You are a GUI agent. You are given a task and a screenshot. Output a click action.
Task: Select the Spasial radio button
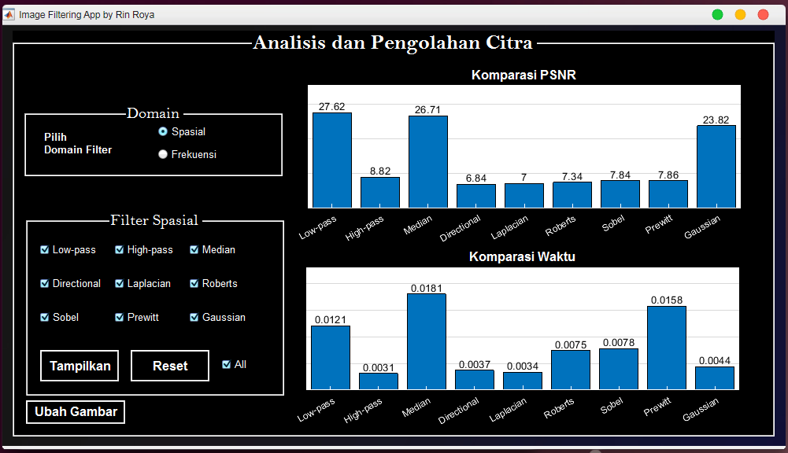click(x=163, y=131)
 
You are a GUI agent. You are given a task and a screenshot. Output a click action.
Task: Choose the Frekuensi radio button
click(x=163, y=154)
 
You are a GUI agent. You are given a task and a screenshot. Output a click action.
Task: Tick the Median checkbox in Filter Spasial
click(x=194, y=249)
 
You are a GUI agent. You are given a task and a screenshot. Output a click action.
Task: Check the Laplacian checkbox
click(x=119, y=283)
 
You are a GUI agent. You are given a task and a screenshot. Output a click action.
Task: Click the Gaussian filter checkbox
click(x=194, y=318)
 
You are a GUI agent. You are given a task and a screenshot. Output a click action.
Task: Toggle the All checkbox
click(x=226, y=365)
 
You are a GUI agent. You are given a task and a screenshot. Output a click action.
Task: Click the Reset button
click(x=170, y=366)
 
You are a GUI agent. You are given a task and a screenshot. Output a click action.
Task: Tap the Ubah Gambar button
click(x=76, y=412)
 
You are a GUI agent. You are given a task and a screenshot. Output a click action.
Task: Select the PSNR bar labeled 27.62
click(x=332, y=160)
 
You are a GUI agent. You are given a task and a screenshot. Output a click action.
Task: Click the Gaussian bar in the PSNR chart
click(x=716, y=167)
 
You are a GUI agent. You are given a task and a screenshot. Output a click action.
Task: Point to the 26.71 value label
click(x=427, y=109)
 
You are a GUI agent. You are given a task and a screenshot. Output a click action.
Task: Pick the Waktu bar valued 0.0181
click(x=427, y=341)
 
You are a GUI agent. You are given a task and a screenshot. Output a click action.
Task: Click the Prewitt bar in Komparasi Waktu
click(x=667, y=348)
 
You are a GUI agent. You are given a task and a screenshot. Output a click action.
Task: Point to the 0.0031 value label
click(x=379, y=367)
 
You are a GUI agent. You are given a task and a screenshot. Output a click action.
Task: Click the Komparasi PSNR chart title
click(x=523, y=75)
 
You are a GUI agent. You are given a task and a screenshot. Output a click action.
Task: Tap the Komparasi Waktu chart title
click(x=522, y=256)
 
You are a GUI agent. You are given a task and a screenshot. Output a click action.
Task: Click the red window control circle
click(x=763, y=15)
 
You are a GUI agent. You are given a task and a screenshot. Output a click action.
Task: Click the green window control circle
click(x=718, y=15)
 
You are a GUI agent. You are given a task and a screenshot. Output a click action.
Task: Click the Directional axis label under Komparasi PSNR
click(x=461, y=228)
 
